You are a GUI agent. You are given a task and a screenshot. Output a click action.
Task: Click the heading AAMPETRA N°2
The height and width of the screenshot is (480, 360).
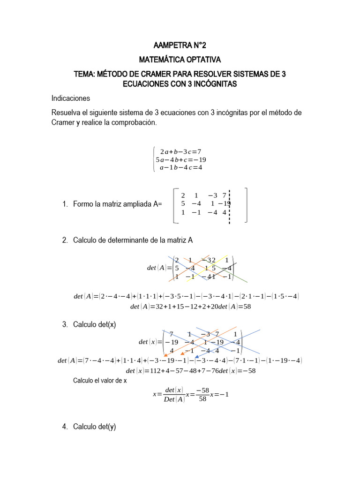coord(180,45)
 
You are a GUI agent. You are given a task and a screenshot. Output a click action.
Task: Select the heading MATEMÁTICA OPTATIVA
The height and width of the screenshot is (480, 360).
coord(180,60)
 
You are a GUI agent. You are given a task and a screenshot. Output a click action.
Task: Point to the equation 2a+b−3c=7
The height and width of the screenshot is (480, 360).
coord(180,151)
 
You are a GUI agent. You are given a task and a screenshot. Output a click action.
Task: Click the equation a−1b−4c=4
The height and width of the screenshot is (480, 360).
coord(180,167)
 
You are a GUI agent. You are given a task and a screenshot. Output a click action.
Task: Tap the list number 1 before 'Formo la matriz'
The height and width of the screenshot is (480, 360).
coord(64,204)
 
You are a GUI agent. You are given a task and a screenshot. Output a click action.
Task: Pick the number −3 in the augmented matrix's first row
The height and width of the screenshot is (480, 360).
coord(213,195)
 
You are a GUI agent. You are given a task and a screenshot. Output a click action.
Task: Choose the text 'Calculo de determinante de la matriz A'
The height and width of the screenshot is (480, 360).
coord(133,240)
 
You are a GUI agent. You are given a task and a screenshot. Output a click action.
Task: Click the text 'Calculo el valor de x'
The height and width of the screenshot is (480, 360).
coord(100,381)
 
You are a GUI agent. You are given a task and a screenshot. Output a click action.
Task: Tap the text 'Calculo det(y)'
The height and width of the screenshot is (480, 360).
coord(94,427)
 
